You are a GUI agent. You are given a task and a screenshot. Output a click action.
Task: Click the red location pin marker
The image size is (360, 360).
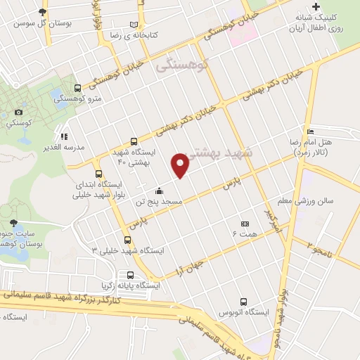[180, 165]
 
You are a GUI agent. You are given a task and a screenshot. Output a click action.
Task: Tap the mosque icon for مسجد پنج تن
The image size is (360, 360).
[160, 191]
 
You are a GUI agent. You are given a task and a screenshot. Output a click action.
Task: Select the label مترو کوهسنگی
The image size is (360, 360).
[102, 98]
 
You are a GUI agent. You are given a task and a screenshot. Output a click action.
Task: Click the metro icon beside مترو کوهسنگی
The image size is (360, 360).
[77, 88]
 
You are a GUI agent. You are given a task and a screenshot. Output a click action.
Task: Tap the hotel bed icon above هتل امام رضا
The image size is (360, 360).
[310, 131]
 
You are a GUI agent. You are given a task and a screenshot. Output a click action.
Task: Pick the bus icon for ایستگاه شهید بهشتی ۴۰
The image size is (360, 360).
[134, 141]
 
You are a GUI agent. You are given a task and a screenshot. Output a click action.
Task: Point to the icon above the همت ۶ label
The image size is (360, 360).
[244, 223]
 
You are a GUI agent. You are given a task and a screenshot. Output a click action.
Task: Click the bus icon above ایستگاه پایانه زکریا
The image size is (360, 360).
[131, 275]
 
